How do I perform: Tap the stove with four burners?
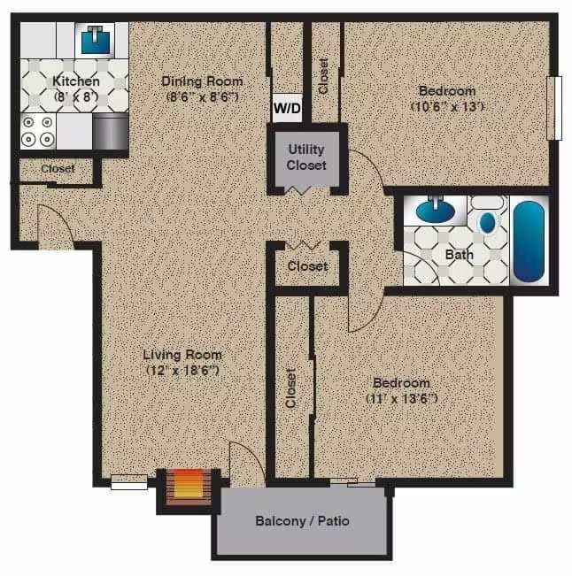tap(38, 131)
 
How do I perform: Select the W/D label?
tap(286, 108)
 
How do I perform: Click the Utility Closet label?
tap(306, 158)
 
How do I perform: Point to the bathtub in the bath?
tap(529, 241)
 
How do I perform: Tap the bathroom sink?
tap(435, 211)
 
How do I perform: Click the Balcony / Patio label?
tap(302, 521)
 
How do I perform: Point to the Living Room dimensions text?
tap(183, 371)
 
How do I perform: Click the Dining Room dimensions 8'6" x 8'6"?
tap(202, 96)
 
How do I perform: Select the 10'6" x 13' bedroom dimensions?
tap(446, 106)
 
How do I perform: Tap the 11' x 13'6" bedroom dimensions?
tap(401, 398)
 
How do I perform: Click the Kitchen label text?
tap(76, 81)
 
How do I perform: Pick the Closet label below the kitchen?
tap(58, 168)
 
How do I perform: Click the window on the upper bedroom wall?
tap(554, 108)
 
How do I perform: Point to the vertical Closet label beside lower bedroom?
tap(291, 388)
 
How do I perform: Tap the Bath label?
tap(460, 255)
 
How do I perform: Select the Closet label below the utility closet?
tap(307, 265)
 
